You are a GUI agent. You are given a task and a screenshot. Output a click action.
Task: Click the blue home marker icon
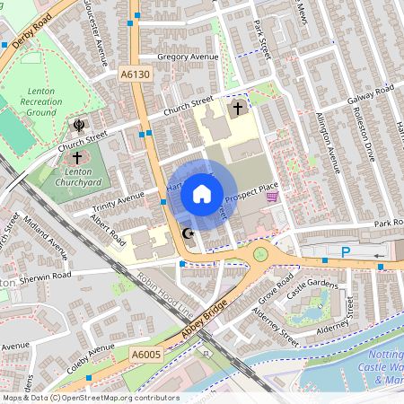[x=202, y=194]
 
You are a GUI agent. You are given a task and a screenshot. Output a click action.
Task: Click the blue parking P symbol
[x=346, y=254]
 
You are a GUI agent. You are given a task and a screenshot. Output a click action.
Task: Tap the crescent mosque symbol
[x=189, y=234]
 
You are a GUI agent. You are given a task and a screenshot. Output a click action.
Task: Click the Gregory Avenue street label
[x=188, y=57]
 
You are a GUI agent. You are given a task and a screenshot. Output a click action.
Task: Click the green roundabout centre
[x=261, y=254]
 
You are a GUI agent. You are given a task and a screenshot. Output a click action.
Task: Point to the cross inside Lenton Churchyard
[x=77, y=158]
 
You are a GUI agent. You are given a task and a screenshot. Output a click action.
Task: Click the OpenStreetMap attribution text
[x=90, y=398]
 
